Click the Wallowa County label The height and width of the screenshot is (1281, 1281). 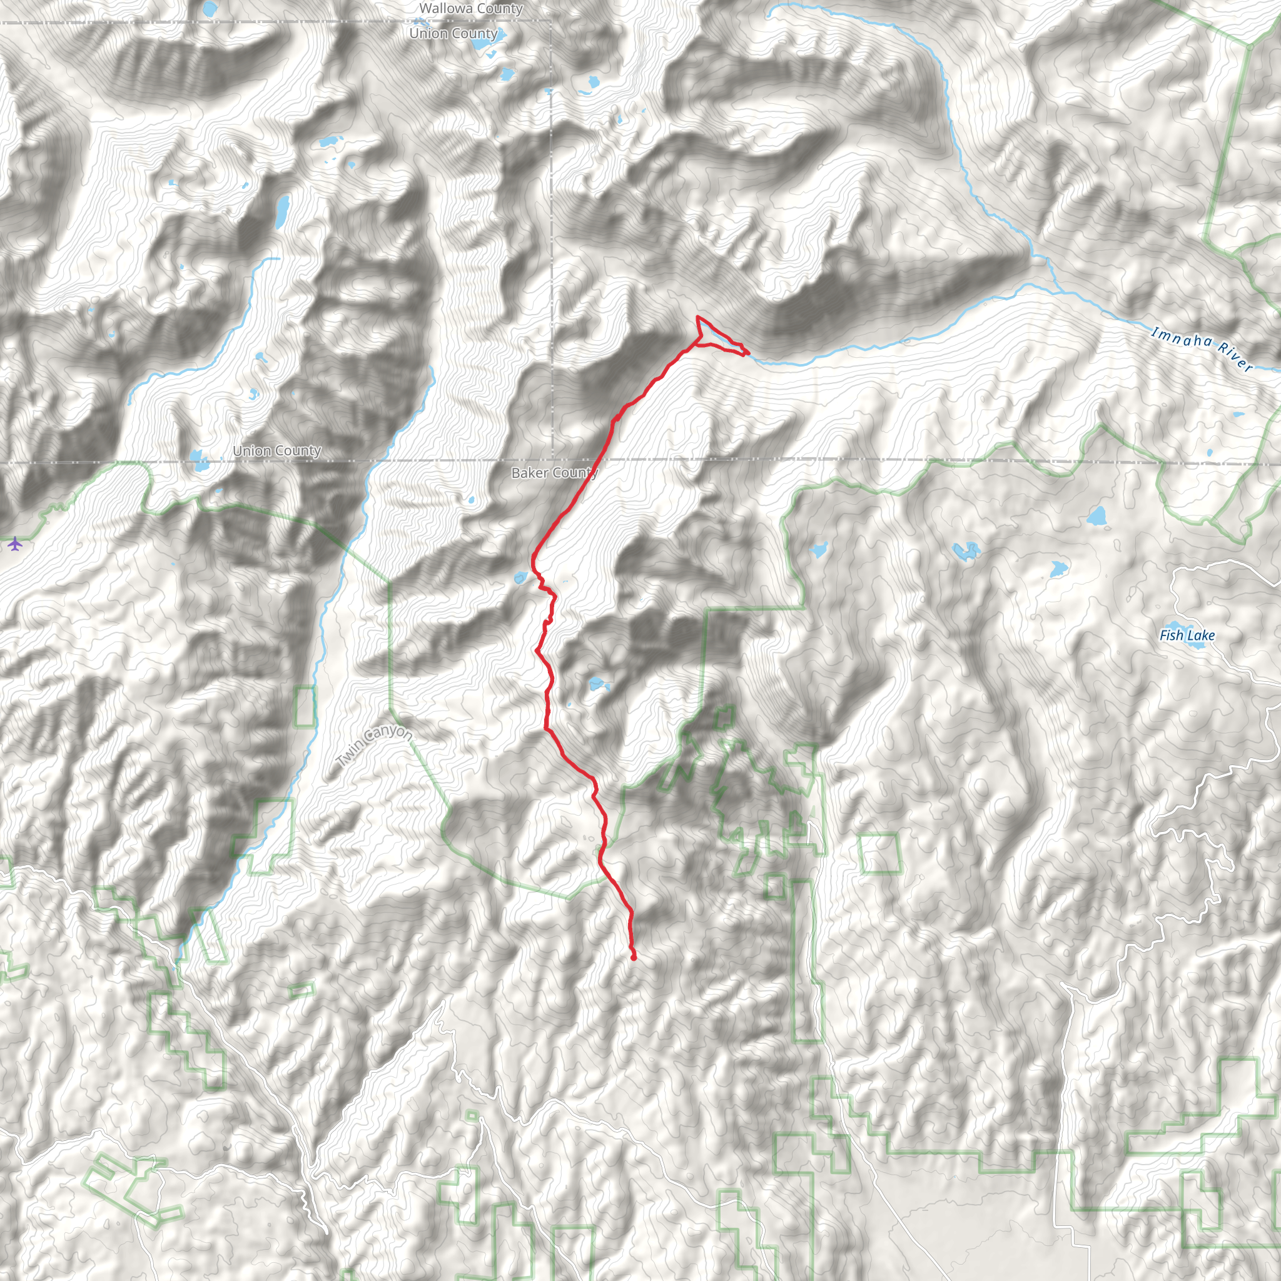(471, 9)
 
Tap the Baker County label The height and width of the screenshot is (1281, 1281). (554, 473)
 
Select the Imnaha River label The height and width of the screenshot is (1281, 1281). (1202, 349)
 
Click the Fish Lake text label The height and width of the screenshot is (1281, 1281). (1187, 635)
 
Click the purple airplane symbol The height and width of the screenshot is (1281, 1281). (15, 544)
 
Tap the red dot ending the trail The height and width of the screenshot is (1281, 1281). (634, 958)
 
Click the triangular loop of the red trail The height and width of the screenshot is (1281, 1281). (713, 335)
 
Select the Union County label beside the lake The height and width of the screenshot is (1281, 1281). (276, 451)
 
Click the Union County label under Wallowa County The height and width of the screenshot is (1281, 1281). (453, 33)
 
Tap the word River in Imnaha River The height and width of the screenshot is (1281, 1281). (1235, 358)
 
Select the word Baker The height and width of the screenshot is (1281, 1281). (529, 473)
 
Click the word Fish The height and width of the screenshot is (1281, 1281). (1171, 635)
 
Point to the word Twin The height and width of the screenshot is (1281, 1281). (350, 757)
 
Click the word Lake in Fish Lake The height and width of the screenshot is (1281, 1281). (1201, 635)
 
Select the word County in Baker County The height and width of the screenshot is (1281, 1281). (574, 473)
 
